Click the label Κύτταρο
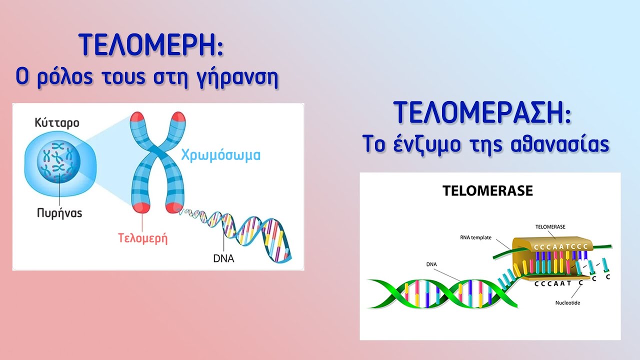pos(57,123)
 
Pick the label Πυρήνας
pos(59,213)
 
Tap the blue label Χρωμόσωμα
pos(221,155)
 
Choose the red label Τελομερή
pos(142,238)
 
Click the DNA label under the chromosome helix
pos(223,258)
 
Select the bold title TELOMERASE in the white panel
pos(487,190)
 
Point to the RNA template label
pos(475,237)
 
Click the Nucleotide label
pos(567,302)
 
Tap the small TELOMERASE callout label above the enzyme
pos(550,227)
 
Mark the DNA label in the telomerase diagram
pos(431,264)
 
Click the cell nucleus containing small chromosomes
pos(58,161)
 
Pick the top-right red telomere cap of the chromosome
pos(178,117)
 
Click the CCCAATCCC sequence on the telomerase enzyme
pos(561,247)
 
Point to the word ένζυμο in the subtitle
pos(426,145)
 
